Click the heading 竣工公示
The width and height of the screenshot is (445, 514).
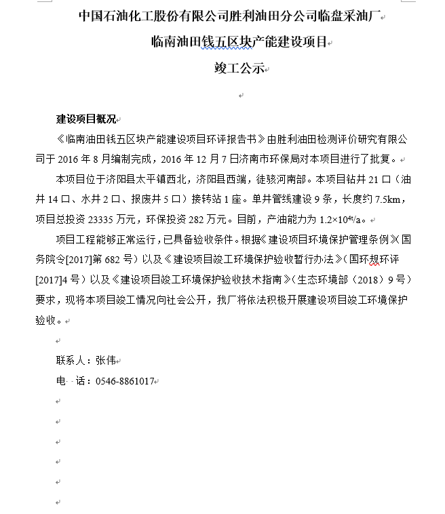(x=237, y=69)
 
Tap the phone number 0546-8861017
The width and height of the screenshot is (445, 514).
(x=124, y=380)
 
